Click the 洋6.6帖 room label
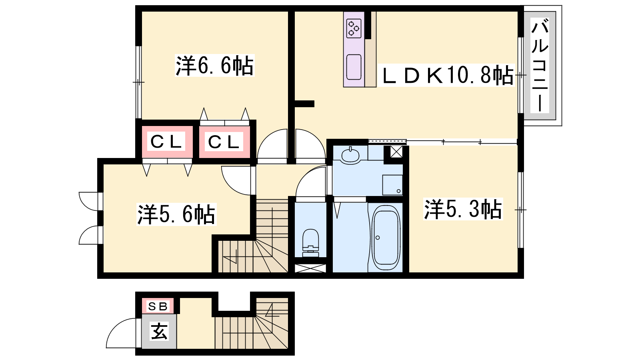(214, 66)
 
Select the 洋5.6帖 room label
(176, 214)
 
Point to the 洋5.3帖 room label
(463, 209)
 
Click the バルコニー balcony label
(540, 65)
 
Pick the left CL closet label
(166, 142)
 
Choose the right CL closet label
(224, 142)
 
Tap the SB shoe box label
(158, 306)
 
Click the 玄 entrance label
(159, 331)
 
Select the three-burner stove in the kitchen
(354, 28)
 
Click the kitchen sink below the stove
(354, 67)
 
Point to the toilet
(310, 243)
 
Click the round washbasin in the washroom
(350, 156)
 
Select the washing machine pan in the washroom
(392, 185)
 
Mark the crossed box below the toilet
(310, 268)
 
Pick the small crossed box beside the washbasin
(396, 152)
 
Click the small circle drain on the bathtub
(378, 238)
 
